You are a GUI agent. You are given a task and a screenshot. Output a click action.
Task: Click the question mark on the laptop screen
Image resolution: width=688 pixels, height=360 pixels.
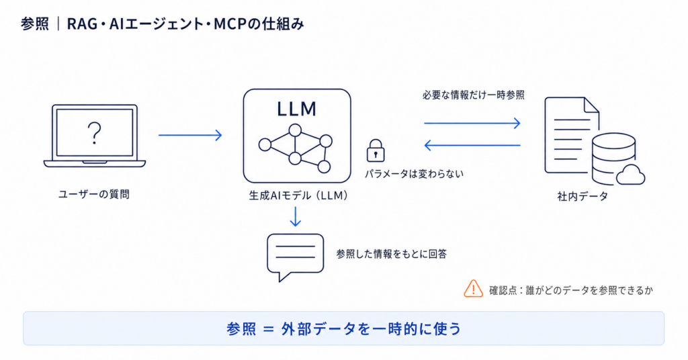(94, 133)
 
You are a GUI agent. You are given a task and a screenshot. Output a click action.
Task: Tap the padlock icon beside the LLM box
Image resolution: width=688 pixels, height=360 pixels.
(375, 151)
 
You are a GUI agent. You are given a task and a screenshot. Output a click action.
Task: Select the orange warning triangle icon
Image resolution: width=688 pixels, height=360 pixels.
(474, 289)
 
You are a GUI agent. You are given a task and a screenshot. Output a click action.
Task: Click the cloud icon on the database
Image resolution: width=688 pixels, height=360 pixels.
(630, 175)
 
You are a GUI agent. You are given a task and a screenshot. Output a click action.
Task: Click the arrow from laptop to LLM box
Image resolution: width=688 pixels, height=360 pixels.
(190, 135)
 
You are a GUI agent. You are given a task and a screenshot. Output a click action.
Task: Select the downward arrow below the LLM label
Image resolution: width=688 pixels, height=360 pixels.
(296, 216)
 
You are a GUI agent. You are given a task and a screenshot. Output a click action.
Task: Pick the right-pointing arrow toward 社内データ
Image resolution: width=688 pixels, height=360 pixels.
(472, 123)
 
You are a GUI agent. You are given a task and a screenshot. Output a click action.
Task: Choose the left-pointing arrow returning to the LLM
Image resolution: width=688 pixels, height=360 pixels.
(472, 145)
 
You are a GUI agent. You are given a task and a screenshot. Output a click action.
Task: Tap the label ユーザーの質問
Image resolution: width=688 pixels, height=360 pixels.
(94, 194)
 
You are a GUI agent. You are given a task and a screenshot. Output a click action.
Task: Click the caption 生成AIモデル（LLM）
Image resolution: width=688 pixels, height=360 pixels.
(298, 195)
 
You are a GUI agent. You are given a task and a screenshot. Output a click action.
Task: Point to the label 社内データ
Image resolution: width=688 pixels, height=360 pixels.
(583, 196)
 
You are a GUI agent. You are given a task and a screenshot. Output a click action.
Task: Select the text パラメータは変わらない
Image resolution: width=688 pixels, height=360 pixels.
(414, 174)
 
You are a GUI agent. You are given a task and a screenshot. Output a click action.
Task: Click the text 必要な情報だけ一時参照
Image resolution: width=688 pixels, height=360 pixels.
(474, 95)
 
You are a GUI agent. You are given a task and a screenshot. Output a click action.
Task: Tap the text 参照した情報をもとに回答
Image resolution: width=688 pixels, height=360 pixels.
(392, 254)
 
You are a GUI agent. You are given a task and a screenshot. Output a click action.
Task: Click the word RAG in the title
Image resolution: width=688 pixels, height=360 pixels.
(82, 24)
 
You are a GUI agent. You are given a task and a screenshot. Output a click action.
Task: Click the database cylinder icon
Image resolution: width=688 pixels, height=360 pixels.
(613, 159)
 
